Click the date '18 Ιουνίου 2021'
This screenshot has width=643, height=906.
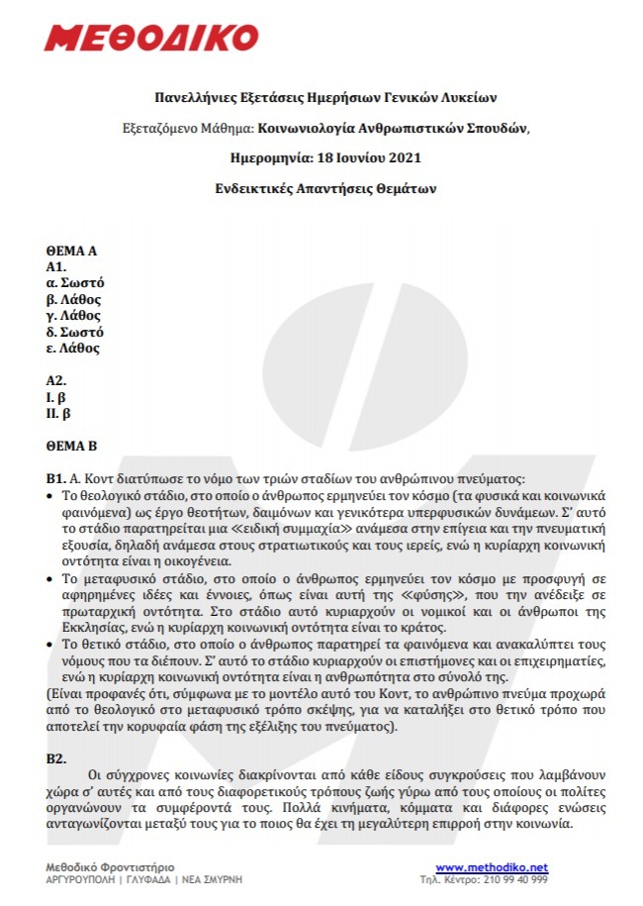(x=357, y=157)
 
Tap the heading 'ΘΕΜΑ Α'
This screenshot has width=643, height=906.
(x=71, y=252)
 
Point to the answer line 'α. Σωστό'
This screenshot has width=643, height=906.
(x=75, y=283)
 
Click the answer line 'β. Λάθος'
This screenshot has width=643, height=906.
(x=74, y=299)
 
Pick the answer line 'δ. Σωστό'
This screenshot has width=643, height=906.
(x=75, y=332)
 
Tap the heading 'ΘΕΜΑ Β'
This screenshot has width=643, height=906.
(x=71, y=446)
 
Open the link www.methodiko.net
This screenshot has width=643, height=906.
(x=491, y=867)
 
